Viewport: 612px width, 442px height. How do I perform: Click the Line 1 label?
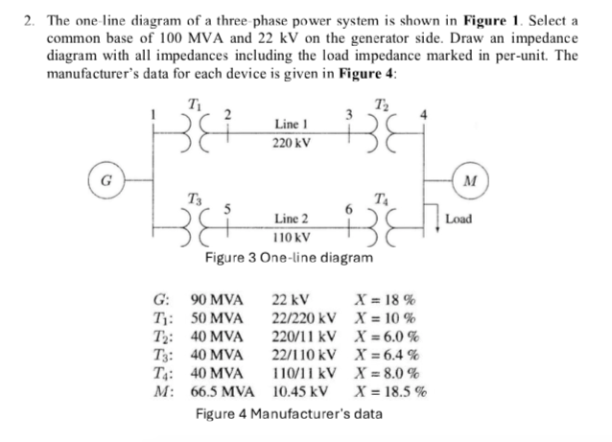pos(291,125)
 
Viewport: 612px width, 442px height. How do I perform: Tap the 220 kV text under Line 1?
pos(291,143)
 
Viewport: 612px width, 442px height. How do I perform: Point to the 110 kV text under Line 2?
pos(291,237)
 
